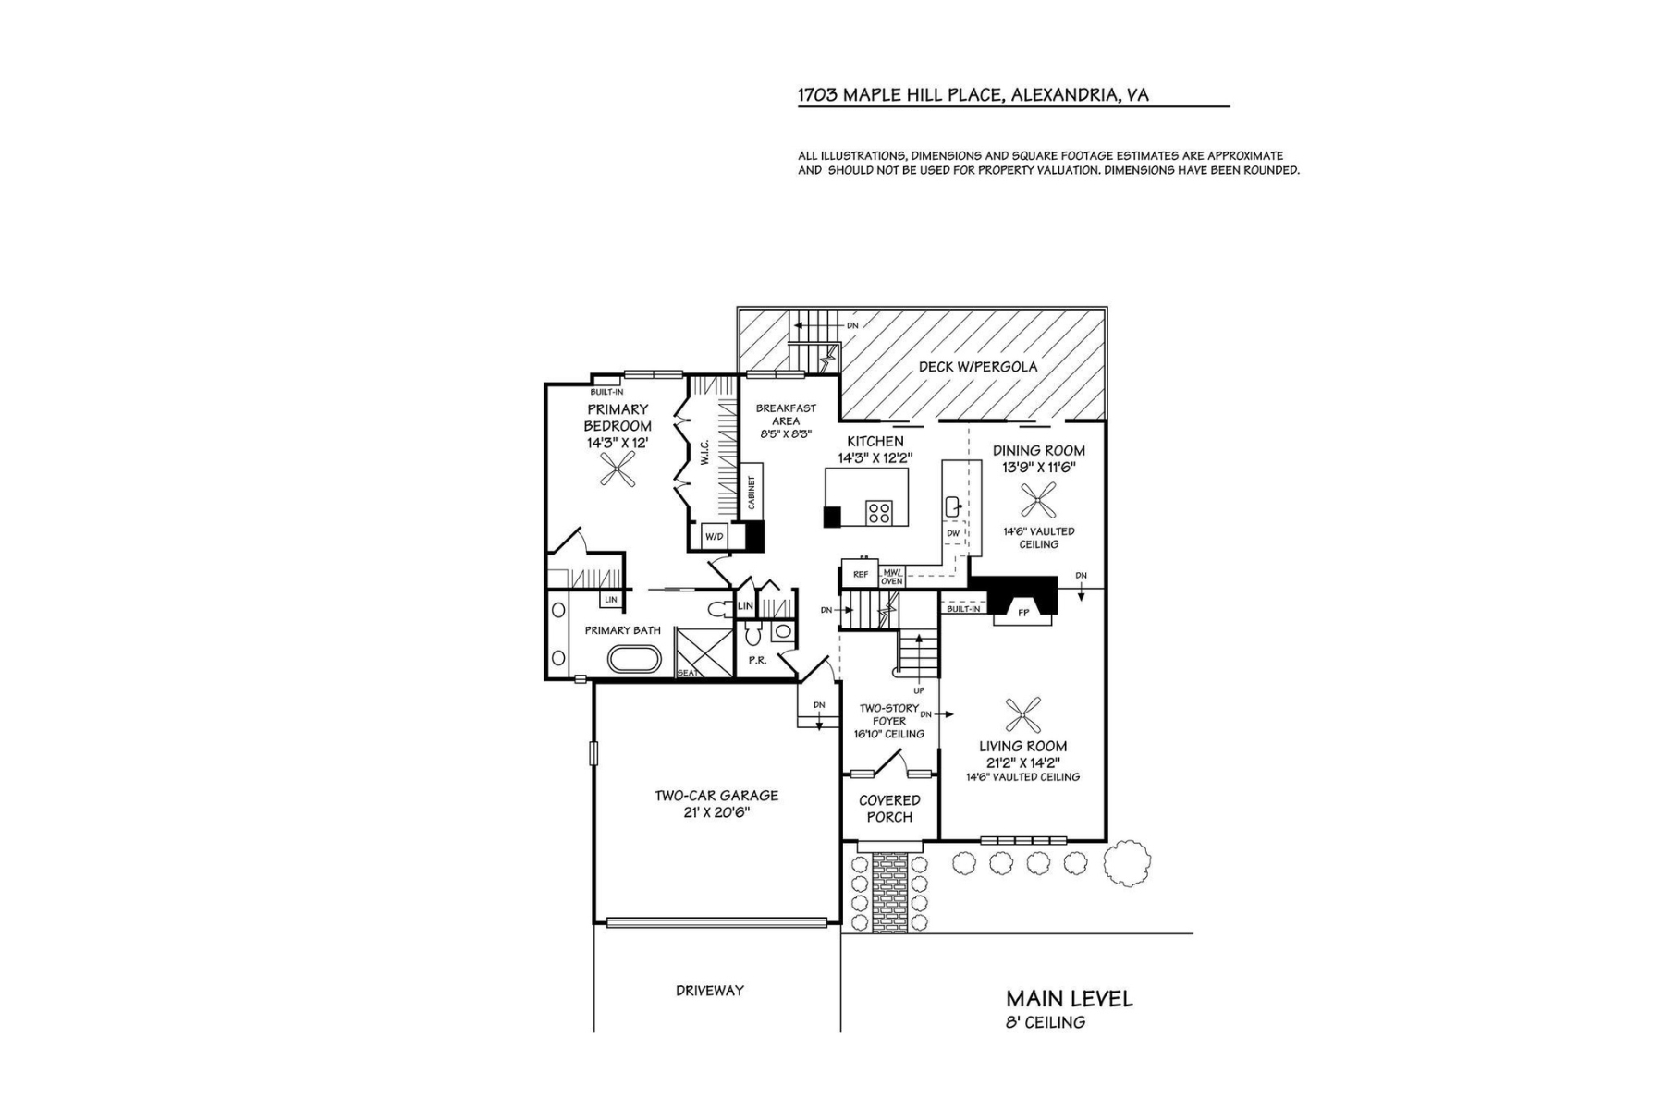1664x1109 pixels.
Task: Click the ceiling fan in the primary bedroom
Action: pyautogui.click(x=617, y=473)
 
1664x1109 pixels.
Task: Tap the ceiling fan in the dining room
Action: pyautogui.click(x=1038, y=502)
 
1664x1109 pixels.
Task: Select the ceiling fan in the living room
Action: pyautogui.click(x=1022, y=713)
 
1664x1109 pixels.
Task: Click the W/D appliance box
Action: pyautogui.click(x=713, y=536)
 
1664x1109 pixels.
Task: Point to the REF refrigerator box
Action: pyautogui.click(x=860, y=575)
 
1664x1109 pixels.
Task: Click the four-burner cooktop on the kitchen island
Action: pyautogui.click(x=878, y=512)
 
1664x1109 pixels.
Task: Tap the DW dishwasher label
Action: pyautogui.click(x=953, y=533)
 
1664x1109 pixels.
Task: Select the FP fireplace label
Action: pyautogui.click(x=1022, y=613)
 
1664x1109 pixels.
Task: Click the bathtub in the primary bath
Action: pyautogui.click(x=634, y=659)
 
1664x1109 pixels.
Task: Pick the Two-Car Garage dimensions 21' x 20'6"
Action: pyautogui.click(x=716, y=812)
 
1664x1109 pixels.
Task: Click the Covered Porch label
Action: pyautogui.click(x=889, y=809)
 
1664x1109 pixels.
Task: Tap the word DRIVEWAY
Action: pyautogui.click(x=709, y=991)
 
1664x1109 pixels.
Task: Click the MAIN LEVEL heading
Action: pyautogui.click(x=1069, y=998)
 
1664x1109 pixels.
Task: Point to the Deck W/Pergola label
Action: pyautogui.click(x=977, y=367)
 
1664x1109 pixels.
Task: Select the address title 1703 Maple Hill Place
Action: pyautogui.click(x=973, y=94)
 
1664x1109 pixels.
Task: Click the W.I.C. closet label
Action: pyautogui.click(x=704, y=453)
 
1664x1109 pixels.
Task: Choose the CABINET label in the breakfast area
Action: pyautogui.click(x=752, y=493)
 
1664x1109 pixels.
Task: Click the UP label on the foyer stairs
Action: pyautogui.click(x=919, y=690)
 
